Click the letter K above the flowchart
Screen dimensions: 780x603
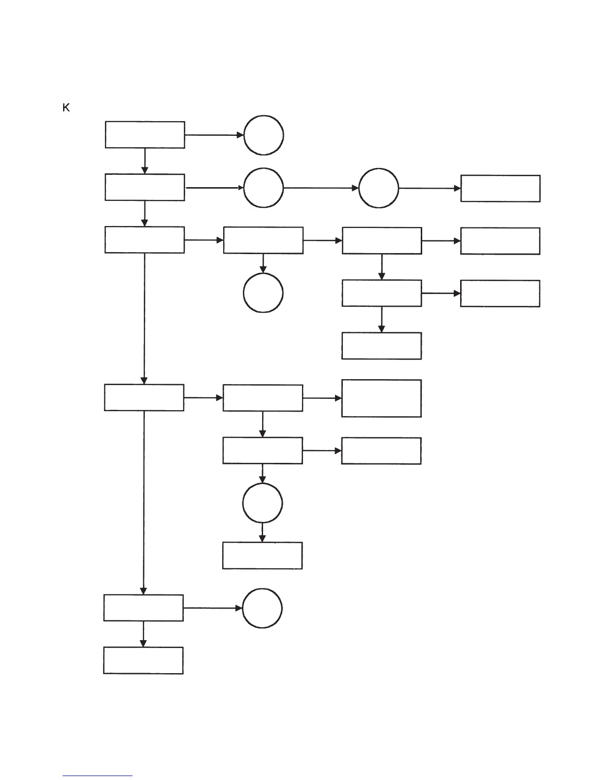click(66, 108)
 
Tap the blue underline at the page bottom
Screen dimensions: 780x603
click(98, 776)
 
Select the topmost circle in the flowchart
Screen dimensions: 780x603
click(264, 135)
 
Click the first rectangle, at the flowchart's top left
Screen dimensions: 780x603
click(145, 134)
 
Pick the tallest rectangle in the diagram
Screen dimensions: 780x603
click(381, 398)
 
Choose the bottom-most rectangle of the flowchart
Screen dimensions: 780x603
click(143, 660)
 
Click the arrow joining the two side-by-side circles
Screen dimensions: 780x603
click(321, 188)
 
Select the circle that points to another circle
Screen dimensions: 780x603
click(264, 188)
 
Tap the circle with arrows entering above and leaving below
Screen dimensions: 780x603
click(263, 503)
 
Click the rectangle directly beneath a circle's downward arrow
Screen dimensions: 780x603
click(262, 555)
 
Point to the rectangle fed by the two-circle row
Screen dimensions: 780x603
click(500, 188)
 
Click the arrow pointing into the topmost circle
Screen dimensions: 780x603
click(214, 135)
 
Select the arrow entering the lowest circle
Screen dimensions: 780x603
click(213, 608)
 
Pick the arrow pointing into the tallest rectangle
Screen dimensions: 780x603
click(322, 398)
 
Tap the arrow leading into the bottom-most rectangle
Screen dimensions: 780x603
click(143, 634)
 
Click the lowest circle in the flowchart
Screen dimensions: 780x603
click(263, 608)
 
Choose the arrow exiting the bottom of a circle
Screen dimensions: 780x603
click(262, 532)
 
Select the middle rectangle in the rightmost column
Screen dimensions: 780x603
click(500, 241)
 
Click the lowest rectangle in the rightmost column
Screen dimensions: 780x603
click(500, 293)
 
